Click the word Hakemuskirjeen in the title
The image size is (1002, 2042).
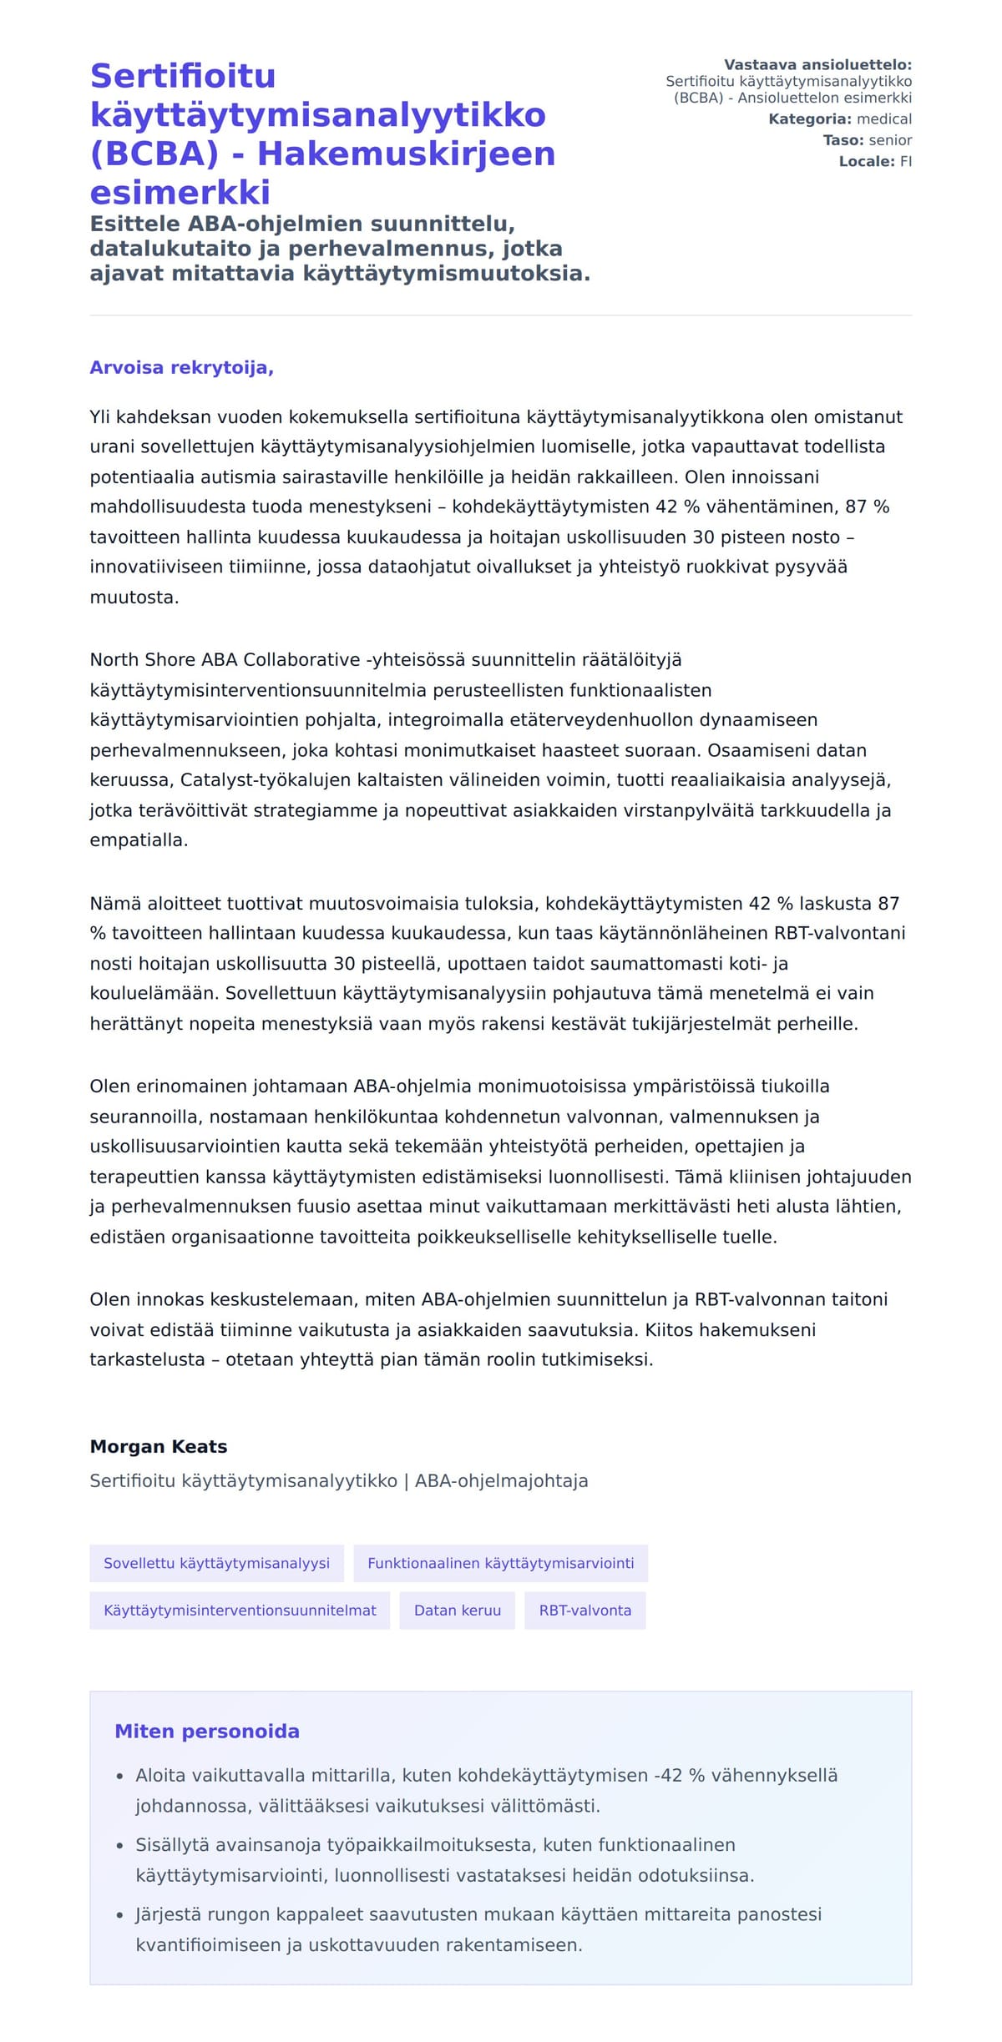[x=406, y=154]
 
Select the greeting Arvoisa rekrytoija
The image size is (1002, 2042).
[x=181, y=368]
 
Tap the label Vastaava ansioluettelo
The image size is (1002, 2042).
[x=817, y=64]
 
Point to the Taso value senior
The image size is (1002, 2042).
[x=890, y=140]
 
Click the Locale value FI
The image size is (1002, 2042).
[x=905, y=162]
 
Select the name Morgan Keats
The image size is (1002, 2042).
[x=158, y=1446]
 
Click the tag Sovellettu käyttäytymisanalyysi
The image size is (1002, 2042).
[x=216, y=1563]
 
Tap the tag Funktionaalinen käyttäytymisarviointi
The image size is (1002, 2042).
[x=500, y=1563]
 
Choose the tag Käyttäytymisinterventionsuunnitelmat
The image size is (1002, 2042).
[x=240, y=1611]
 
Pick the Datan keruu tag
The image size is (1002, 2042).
[x=457, y=1611]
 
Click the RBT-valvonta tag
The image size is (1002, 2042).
[x=584, y=1611]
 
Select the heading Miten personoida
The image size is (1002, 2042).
[x=206, y=1732]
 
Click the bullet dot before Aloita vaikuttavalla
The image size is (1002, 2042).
[x=120, y=1777]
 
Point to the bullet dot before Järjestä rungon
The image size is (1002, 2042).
[x=120, y=1915]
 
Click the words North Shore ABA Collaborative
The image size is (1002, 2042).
[x=225, y=660]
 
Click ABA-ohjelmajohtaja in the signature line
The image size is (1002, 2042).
[x=501, y=1480]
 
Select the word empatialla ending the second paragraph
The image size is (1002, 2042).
[x=138, y=840]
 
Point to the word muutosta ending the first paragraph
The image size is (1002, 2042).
[x=133, y=597]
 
